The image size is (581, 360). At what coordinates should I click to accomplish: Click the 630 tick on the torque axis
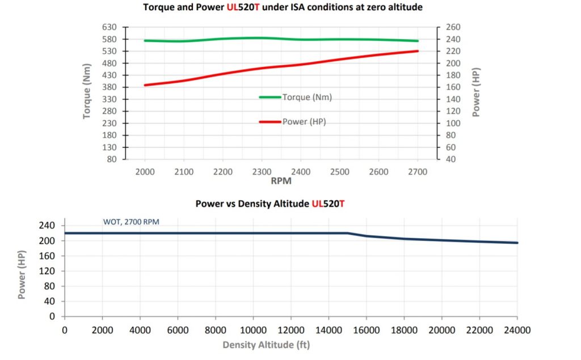point(110,27)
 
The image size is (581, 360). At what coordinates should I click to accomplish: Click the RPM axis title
point(281,183)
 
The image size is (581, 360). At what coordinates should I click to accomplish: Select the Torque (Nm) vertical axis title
point(87,94)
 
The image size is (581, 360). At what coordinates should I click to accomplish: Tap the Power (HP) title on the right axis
point(476,94)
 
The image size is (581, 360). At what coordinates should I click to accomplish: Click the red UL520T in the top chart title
point(243,8)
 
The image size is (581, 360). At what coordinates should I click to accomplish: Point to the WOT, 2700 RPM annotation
point(131,222)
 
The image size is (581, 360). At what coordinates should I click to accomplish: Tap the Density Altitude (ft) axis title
point(266,345)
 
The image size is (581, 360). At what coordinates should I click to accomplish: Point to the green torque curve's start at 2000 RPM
point(145,41)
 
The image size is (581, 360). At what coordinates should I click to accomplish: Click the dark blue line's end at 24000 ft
point(517,243)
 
